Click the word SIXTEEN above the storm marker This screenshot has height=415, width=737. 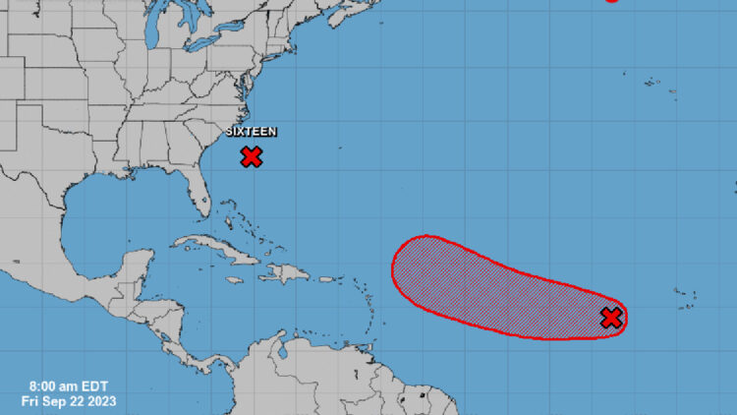(252, 132)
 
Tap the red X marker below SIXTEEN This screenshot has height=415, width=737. (252, 155)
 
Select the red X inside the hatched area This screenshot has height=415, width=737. (611, 318)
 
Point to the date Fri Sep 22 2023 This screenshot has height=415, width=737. (62, 400)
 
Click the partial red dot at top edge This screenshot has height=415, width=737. (612, 1)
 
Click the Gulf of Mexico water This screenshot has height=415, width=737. (108, 211)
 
